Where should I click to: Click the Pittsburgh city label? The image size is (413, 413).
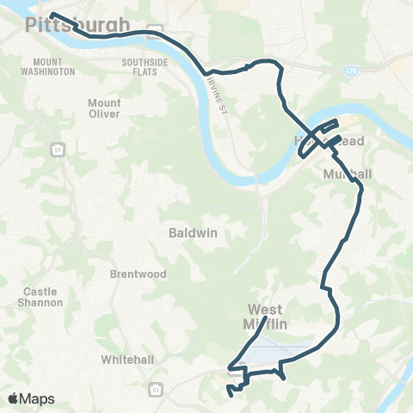point(78,24)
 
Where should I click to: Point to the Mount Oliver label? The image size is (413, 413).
point(104,108)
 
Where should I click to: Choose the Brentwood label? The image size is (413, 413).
point(131,275)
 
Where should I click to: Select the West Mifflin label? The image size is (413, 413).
point(272,316)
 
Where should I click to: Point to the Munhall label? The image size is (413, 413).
point(348,174)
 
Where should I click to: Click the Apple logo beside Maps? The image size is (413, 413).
point(14,398)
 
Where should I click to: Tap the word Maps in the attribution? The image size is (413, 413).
point(38,398)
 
